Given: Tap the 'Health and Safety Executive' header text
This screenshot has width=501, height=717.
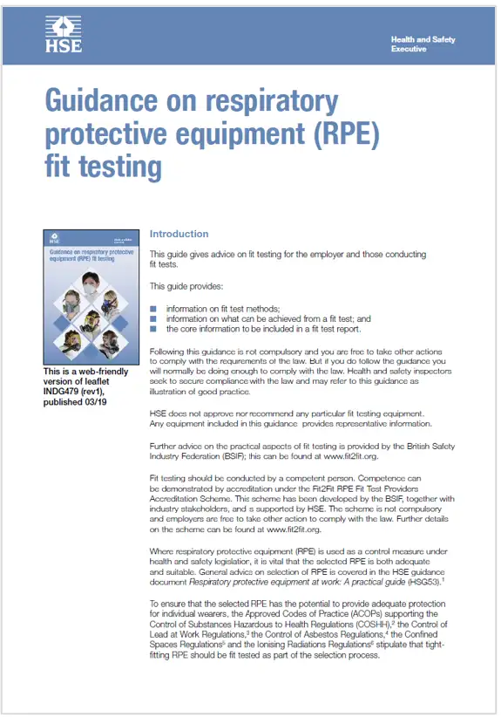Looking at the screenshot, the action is point(423,44).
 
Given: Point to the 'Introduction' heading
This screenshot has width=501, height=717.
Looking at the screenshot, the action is point(179,234).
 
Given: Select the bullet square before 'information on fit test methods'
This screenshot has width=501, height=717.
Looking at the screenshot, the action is point(153,309).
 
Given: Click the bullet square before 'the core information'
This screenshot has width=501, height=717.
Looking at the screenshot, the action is point(153,329).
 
